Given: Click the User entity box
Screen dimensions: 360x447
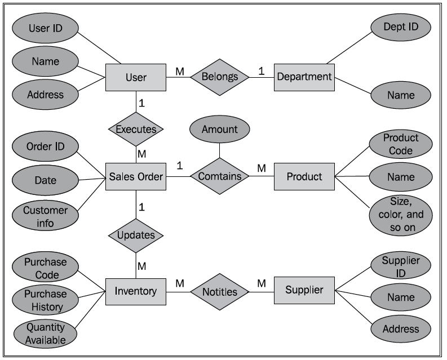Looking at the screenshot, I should coord(136,77).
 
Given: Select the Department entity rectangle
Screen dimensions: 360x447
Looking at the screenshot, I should coord(304,77).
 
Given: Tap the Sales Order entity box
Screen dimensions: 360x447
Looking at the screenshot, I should coord(136,176).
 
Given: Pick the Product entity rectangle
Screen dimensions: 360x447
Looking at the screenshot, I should coord(304,176).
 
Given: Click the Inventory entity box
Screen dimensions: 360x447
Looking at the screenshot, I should coord(136,291).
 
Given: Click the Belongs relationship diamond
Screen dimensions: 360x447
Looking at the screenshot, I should coord(219,77).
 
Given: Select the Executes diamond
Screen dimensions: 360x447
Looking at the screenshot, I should coord(136,129).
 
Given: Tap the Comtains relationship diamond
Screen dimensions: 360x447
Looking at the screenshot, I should coord(219,176).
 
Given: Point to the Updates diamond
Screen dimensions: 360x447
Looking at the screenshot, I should coord(136,234).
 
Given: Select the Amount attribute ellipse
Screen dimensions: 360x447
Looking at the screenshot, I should coord(219,129).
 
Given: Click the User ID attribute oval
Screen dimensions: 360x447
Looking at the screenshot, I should coord(45,28).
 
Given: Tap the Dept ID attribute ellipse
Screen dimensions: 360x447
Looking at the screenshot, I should coord(400,26).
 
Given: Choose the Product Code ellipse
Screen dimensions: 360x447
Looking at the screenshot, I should coord(401,144).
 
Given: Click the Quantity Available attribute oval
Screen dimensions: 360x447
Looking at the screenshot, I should coord(45,334).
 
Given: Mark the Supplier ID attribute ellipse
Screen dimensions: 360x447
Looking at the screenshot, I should coord(401,266).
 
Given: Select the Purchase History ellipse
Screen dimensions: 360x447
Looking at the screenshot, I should coord(45,300).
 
